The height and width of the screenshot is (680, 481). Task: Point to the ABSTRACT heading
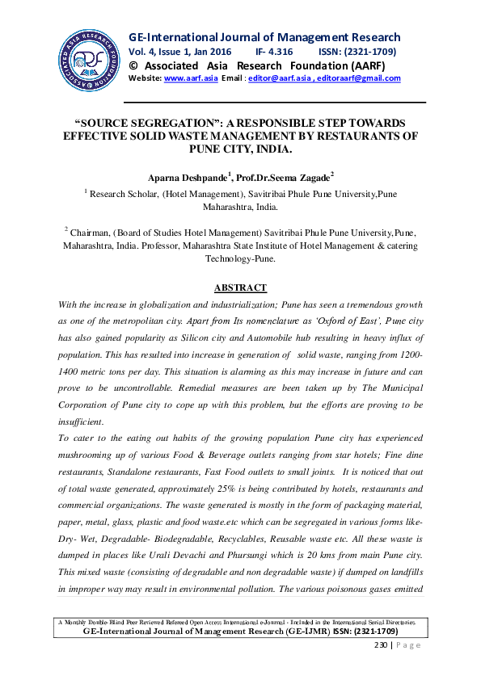(x=240, y=288)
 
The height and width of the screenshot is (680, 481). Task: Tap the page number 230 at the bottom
(x=380, y=646)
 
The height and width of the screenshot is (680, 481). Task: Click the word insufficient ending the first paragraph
(x=81, y=421)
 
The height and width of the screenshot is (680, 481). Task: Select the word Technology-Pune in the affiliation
(x=241, y=259)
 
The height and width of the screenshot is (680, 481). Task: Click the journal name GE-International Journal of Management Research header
(x=264, y=37)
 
